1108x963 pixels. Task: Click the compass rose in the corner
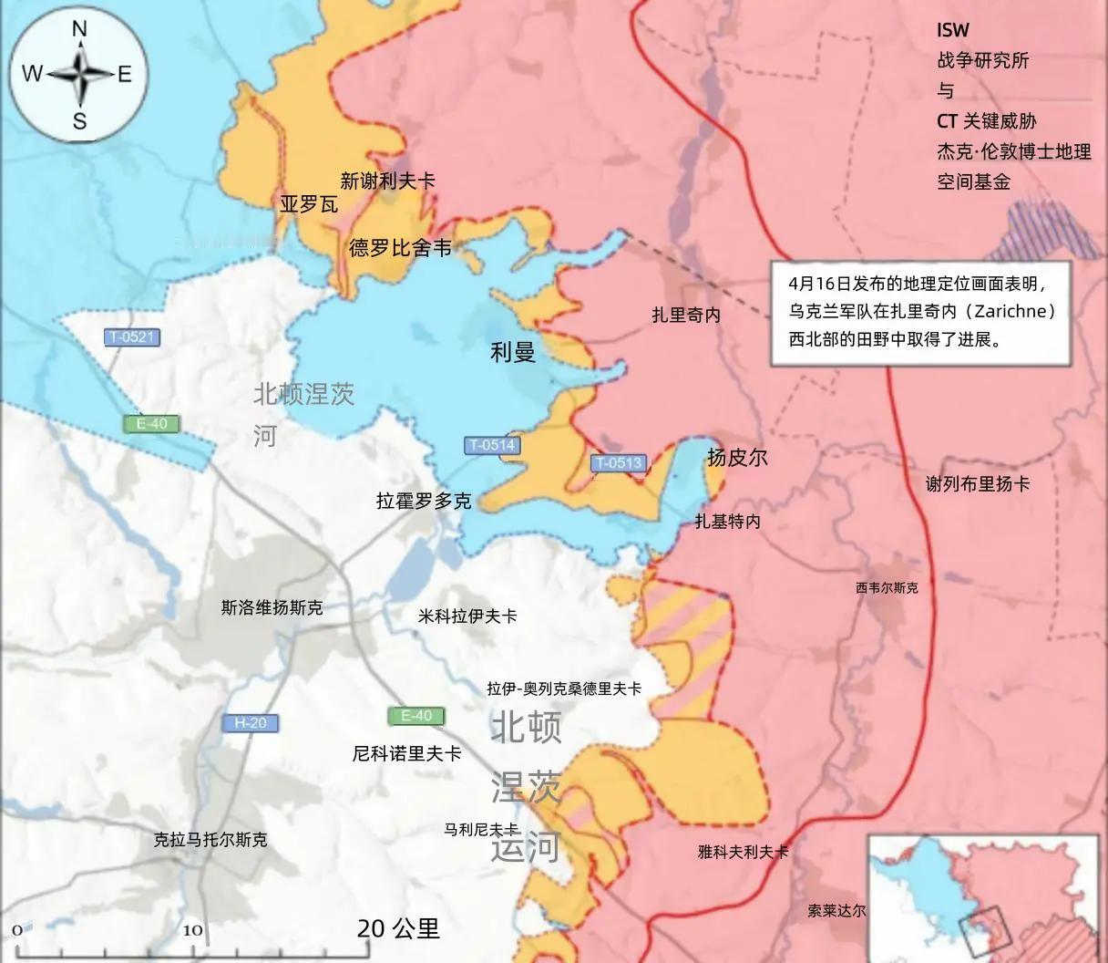[x=79, y=75]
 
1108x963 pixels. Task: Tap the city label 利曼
[x=513, y=351]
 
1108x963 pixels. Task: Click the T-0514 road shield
[x=492, y=446]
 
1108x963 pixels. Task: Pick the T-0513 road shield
[x=619, y=463]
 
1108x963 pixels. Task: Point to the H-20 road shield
[x=251, y=723]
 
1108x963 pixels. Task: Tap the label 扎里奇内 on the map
[x=685, y=316]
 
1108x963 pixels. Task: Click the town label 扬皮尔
[x=736, y=457]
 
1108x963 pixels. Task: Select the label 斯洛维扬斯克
[x=272, y=607]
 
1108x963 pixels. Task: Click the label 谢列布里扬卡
[x=978, y=484]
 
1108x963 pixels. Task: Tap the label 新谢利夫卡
[x=387, y=181]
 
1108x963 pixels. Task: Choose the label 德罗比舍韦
[x=400, y=247]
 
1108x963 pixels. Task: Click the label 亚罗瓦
[x=308, y=204]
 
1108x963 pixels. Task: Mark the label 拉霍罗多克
[x=424, y=501]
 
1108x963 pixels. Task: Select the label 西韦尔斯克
[x=887, y=588]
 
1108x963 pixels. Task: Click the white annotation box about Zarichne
[x=932, y=314]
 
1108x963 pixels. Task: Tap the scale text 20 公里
[x=398, y=928]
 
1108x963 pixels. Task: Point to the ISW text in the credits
[x=953, y=30]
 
